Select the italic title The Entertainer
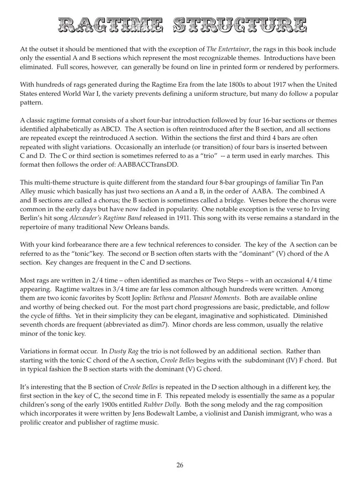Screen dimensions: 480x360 tap(227, 49)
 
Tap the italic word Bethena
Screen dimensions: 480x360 tap(164, 298)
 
